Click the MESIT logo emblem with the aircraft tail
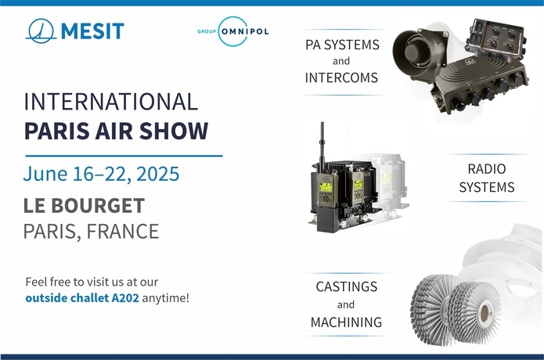(x=41, y=31)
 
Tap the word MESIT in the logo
(x=92, y=31)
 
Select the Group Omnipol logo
(x=233, y=31)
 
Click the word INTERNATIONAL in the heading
(x=111, y=102)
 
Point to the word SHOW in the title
(x=174, y=131)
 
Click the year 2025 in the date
(x=158, y=174)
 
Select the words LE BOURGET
(x=84, y=206)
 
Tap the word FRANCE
(x=123, y=232)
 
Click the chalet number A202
(x=125, y=298)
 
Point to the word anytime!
(x=166, y=298)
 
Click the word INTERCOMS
(x=341, y=77)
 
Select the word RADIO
(x=487, y=169)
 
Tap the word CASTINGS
(x=347, y=286)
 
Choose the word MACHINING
(x=346, y=322)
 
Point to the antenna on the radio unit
(x=322, y=146)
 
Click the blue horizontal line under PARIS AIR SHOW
(x=124, y=156)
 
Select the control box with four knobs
(x=497, y=39)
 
